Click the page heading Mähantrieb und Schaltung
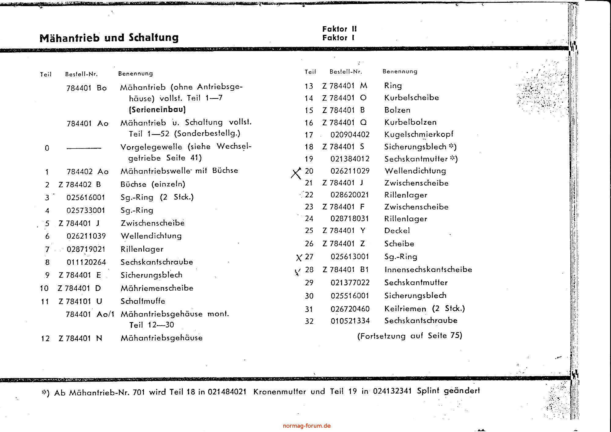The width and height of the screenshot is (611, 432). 109,38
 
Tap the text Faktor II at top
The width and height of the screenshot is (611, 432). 339,29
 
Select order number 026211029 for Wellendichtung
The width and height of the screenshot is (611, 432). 350,171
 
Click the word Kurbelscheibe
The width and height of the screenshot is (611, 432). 411,98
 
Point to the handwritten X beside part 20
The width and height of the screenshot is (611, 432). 296,173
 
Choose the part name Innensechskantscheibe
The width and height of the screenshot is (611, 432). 428,269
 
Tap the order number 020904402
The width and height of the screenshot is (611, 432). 350,134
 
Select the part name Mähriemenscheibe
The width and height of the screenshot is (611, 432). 157,288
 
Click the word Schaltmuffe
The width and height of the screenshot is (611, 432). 143,301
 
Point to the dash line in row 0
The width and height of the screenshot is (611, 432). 83,148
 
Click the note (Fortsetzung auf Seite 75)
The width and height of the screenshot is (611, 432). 410,336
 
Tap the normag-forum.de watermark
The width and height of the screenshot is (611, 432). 307,426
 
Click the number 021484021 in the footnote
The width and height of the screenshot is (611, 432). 227,392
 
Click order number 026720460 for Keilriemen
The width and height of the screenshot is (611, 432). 350,309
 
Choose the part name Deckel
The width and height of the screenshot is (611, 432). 397,231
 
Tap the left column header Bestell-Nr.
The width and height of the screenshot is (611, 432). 81,74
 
